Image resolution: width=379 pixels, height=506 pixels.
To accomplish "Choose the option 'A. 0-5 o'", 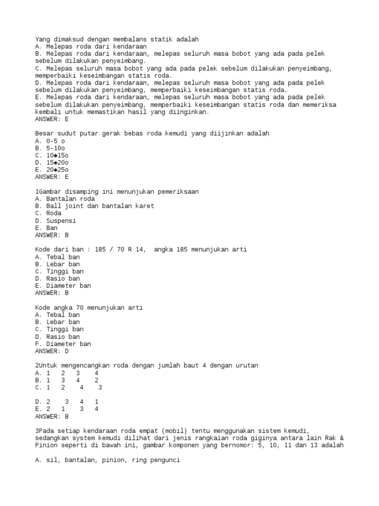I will point(50,141).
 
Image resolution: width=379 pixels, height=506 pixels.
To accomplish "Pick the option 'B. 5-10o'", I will point(50,148).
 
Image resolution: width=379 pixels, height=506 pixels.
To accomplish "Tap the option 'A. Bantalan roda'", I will point(65,199).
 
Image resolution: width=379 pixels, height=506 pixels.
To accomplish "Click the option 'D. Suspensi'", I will point(55,220).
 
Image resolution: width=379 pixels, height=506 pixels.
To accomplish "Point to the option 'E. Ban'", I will point(46,228).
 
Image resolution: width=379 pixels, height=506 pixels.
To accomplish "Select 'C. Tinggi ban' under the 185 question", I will point(59,271).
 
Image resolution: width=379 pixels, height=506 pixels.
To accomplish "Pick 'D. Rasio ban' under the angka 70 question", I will point(57,337).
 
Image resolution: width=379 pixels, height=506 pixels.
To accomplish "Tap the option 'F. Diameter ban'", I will point(63,344).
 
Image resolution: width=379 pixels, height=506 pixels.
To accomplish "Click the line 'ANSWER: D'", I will point(52,351).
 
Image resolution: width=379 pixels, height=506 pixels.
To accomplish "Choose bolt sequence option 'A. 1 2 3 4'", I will point(67,373).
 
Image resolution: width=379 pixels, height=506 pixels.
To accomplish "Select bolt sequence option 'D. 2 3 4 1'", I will point(67,402).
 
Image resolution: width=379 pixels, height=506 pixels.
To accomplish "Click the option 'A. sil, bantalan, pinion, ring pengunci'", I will point(108,460).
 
